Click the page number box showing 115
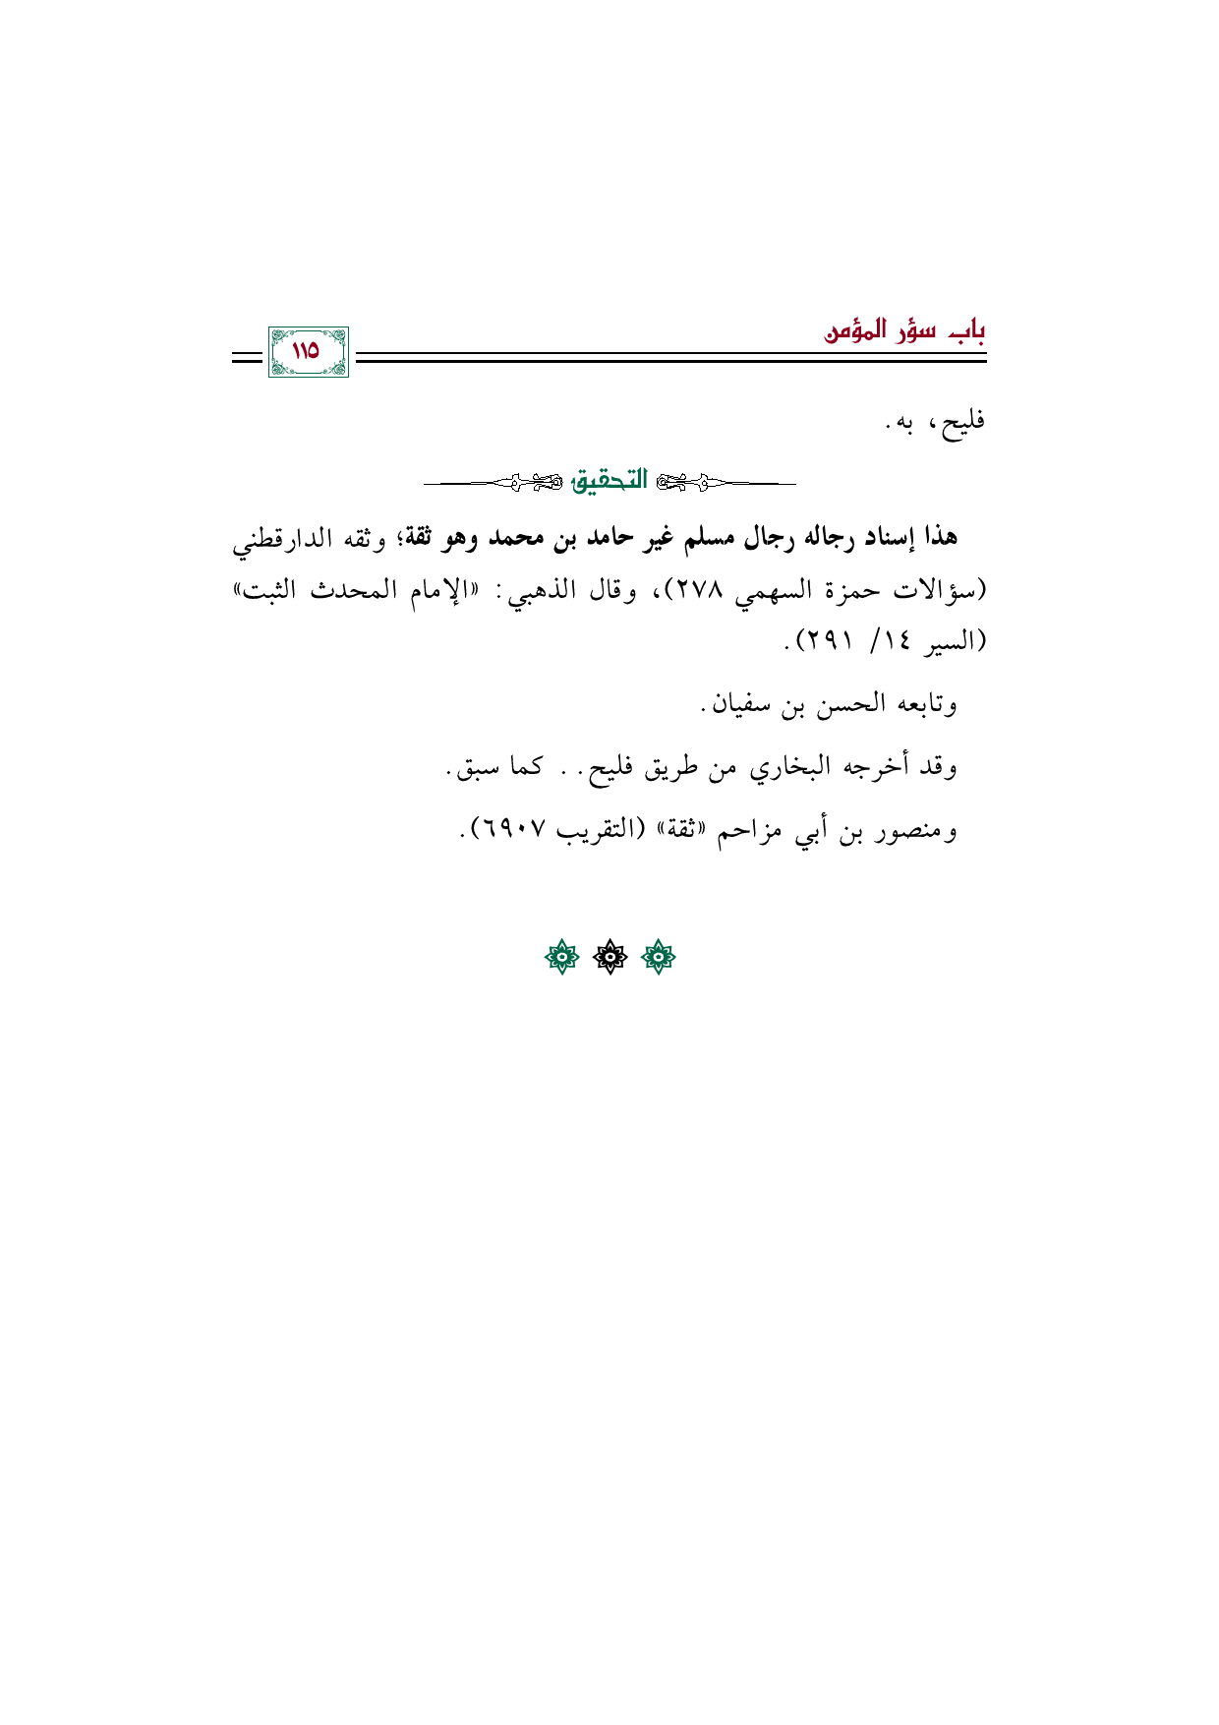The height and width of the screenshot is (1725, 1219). (308, 351)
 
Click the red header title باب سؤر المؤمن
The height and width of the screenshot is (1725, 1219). (904, 330)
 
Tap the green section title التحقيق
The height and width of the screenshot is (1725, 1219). (609, 481)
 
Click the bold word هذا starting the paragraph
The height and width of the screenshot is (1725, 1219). (936, 538)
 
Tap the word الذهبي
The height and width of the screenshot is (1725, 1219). (556, 591)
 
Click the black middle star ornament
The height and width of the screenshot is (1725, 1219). (609, 957)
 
